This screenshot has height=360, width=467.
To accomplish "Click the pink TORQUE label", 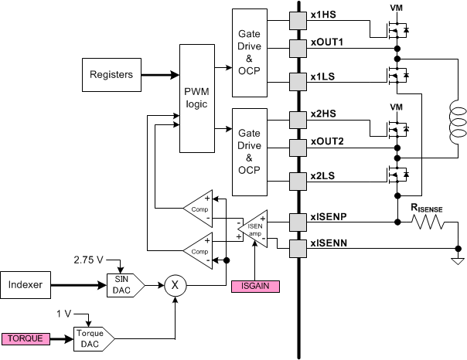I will (x=28, y=338).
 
